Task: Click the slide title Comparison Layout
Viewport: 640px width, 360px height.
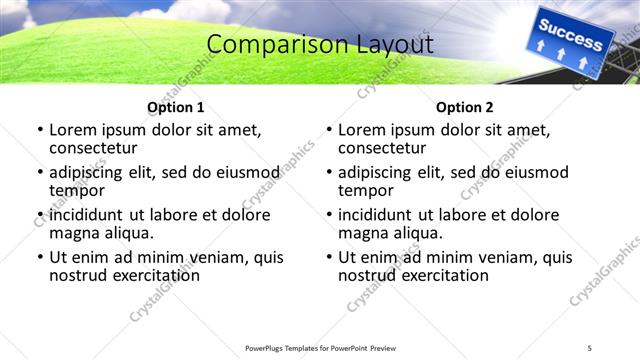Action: point(320,45)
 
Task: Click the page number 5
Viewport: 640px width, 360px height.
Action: point(590,348)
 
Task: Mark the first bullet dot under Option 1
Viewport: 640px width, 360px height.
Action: point(40,130)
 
